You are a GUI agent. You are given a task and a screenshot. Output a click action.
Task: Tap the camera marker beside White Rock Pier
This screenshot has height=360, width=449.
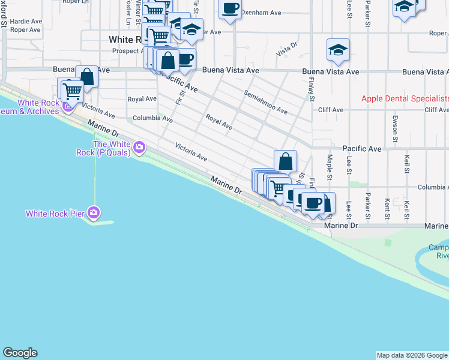pyautogui.click(x=94, y=212)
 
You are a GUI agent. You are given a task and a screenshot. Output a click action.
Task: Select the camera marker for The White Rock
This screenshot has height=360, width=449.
pyautogui.click(x=139, y=146)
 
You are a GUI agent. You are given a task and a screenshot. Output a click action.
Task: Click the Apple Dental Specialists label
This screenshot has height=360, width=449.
pyautogui.click(x=405, y=99)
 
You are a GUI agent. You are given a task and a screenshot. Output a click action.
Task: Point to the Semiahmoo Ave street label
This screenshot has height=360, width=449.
pyautogui.click(x=265, y=102)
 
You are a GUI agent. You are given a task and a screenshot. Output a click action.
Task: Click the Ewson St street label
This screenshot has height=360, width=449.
pyautogui.click(x=394, y=127)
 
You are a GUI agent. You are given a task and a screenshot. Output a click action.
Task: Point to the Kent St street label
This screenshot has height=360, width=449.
pyautogui.click(x=387, y=208)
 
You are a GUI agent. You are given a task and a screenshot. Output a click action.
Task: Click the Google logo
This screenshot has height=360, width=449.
pyautogui.click(x=20, y=353)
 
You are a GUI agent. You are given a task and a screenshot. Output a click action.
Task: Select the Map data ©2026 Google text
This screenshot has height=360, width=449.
pyautogui.click(x=412, y=355)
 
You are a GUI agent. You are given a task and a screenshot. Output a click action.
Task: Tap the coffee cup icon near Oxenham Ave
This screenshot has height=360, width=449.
pyautogui.click(x=229, y=9)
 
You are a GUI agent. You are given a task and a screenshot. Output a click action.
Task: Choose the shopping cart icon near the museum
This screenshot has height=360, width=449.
pyautogui.click(x=71, y=91)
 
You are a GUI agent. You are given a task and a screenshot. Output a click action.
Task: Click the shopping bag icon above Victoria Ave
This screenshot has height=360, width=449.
pyautogui.click(x=285, y=161)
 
